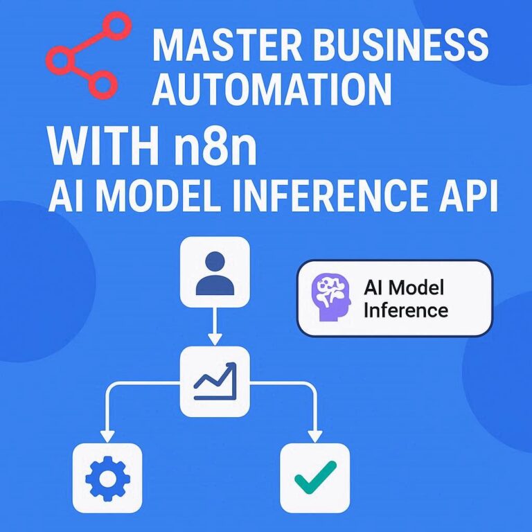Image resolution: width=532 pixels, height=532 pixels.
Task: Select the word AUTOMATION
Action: tap(272, 90)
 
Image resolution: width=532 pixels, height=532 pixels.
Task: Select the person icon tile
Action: tap(215, 271)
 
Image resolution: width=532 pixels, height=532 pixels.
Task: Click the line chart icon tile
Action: tap(215, 382)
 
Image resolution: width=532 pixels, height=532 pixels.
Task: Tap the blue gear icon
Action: tap(107, 477)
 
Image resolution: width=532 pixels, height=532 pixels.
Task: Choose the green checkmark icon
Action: tap(315, 477)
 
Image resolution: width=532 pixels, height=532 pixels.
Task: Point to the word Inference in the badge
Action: tap(406, 310)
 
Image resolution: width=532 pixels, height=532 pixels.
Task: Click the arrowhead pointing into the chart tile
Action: tap(215, 339)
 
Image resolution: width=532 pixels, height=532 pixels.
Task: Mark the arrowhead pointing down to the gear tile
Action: tap(107, 436)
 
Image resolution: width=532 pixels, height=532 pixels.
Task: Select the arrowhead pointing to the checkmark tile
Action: tap(315, 436)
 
